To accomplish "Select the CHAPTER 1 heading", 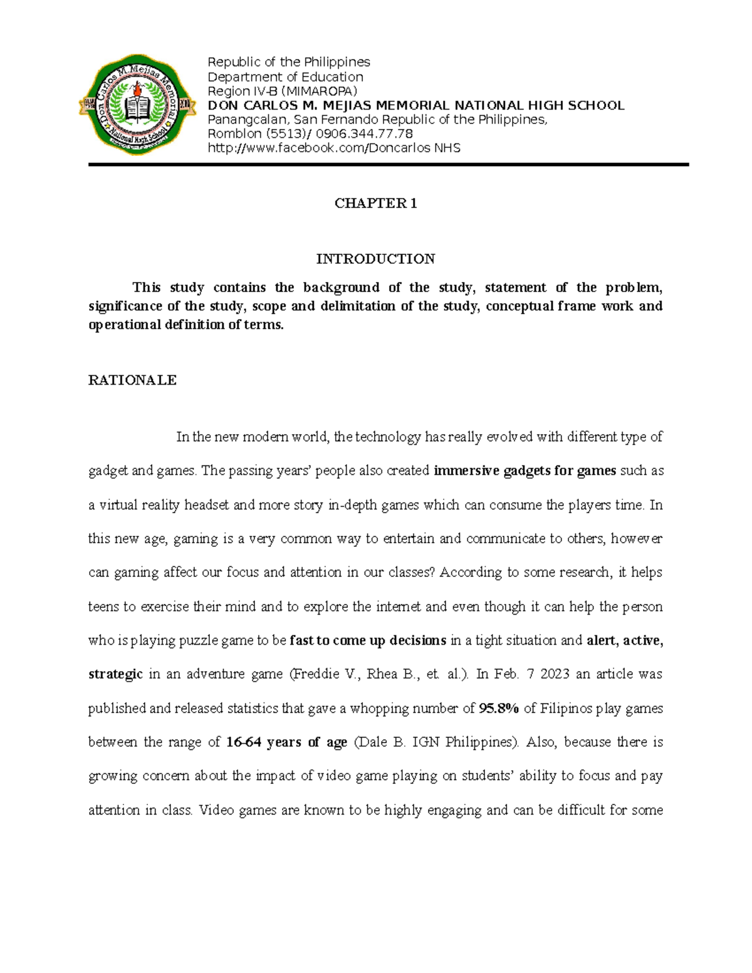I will tap(375, 203).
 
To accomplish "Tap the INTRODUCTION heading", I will tap(375, 259).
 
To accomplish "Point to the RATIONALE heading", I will tap(132, 380).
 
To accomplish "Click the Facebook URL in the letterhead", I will tap(334, 148).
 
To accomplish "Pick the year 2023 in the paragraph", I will tap(556, 675).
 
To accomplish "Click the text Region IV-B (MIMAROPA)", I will tap(282, 91).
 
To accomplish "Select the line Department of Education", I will tap(285, 76).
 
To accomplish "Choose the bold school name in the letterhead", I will tap(415, 105).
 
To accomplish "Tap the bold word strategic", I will tap(115, 675).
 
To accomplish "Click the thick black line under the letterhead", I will tap(388, 164).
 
